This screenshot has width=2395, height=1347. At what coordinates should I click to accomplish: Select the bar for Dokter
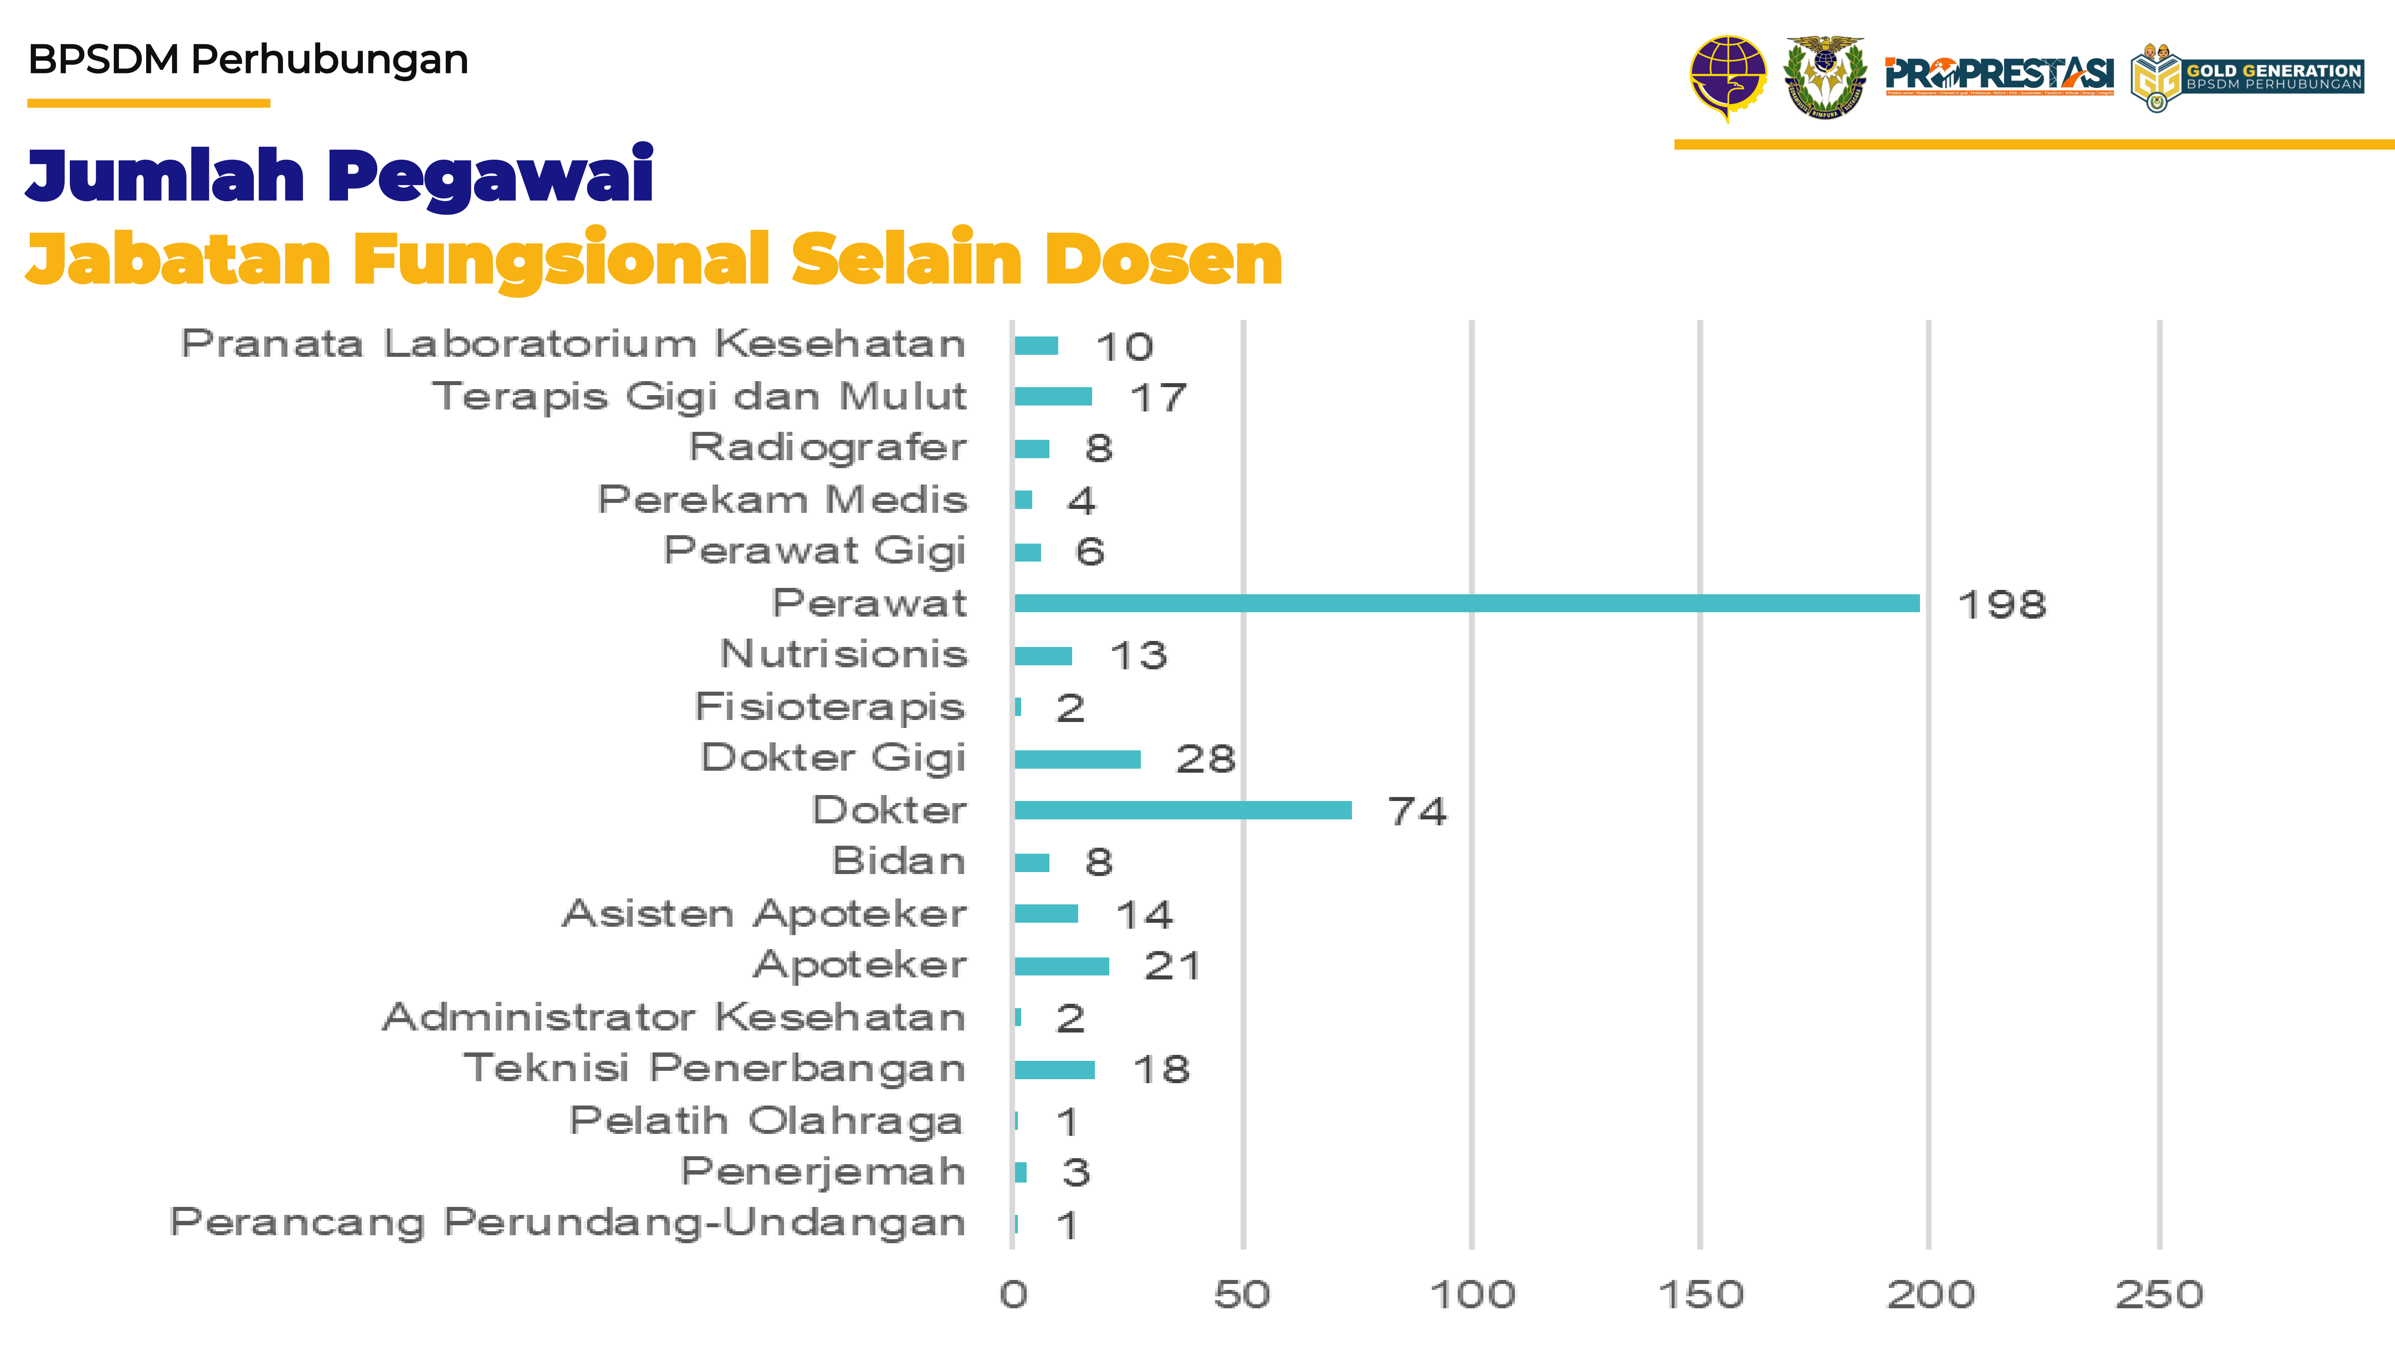1183,810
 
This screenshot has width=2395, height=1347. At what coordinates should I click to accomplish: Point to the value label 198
2002,605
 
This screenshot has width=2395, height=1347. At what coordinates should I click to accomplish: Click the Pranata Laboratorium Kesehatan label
573,344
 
